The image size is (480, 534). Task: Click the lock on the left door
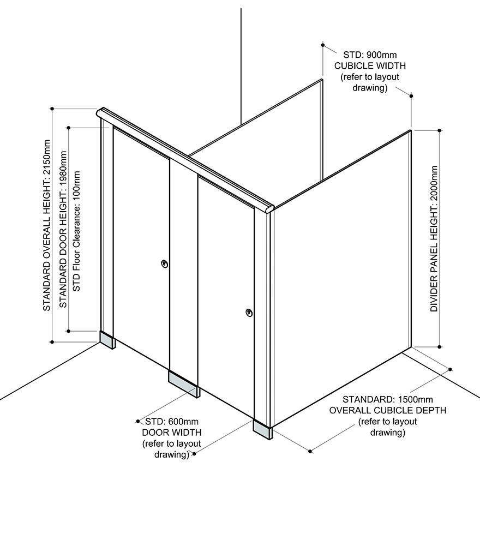[x=164, y=264]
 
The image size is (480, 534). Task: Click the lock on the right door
[x=249, y=313]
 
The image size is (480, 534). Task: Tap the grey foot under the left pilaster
[x=107, y=339]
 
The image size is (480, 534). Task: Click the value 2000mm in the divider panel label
[x=434, y=185]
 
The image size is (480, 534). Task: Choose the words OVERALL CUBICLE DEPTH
[x=387, y=410]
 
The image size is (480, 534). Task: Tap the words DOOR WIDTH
[x=168, y=433]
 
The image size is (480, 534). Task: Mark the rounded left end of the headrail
[x=99, y=113]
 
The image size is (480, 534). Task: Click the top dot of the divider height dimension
[x=440, y=131]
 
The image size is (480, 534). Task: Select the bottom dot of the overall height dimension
[x=52, y=342]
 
